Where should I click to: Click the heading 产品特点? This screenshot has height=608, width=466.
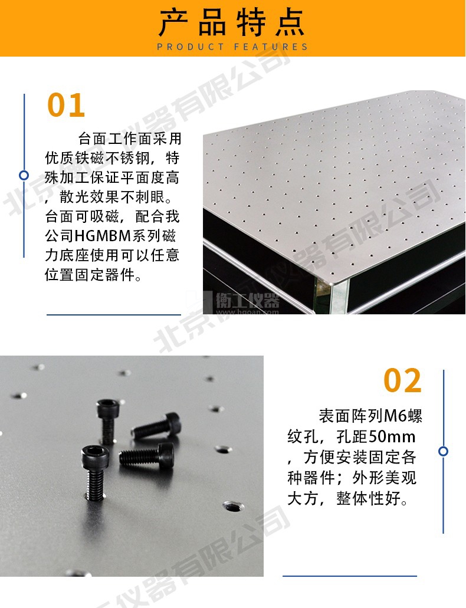click(x=232, y=22)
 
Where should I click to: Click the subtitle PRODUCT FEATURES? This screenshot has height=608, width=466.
click(x=232, y=47)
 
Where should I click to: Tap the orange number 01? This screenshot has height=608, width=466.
click(x=66, y=105)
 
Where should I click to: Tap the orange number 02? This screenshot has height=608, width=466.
click(x=402, y=380)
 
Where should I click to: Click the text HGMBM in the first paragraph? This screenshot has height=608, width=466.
click(x=103, y=236)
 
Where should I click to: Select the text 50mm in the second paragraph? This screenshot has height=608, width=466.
click(x=392, y=437)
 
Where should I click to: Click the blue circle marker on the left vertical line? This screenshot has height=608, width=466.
click(x=24, y=175)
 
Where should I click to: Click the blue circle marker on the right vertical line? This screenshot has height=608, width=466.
click(x=443, y=451)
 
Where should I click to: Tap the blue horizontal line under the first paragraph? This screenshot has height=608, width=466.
click(x=114, y=314)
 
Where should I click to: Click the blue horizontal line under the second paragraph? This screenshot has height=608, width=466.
click(x=350, y=576)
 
